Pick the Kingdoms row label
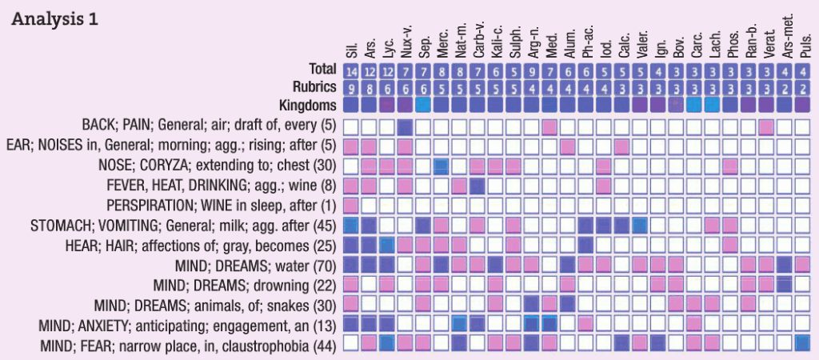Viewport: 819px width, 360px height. point(309,105)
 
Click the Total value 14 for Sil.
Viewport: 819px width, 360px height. point(350,70)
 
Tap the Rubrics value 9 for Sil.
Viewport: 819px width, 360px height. point(350,87)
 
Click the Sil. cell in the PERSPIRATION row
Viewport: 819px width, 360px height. point(350,205)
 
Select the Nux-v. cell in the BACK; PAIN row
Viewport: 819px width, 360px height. point(405,126)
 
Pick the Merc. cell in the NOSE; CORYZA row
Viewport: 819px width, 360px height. point(441,166)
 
